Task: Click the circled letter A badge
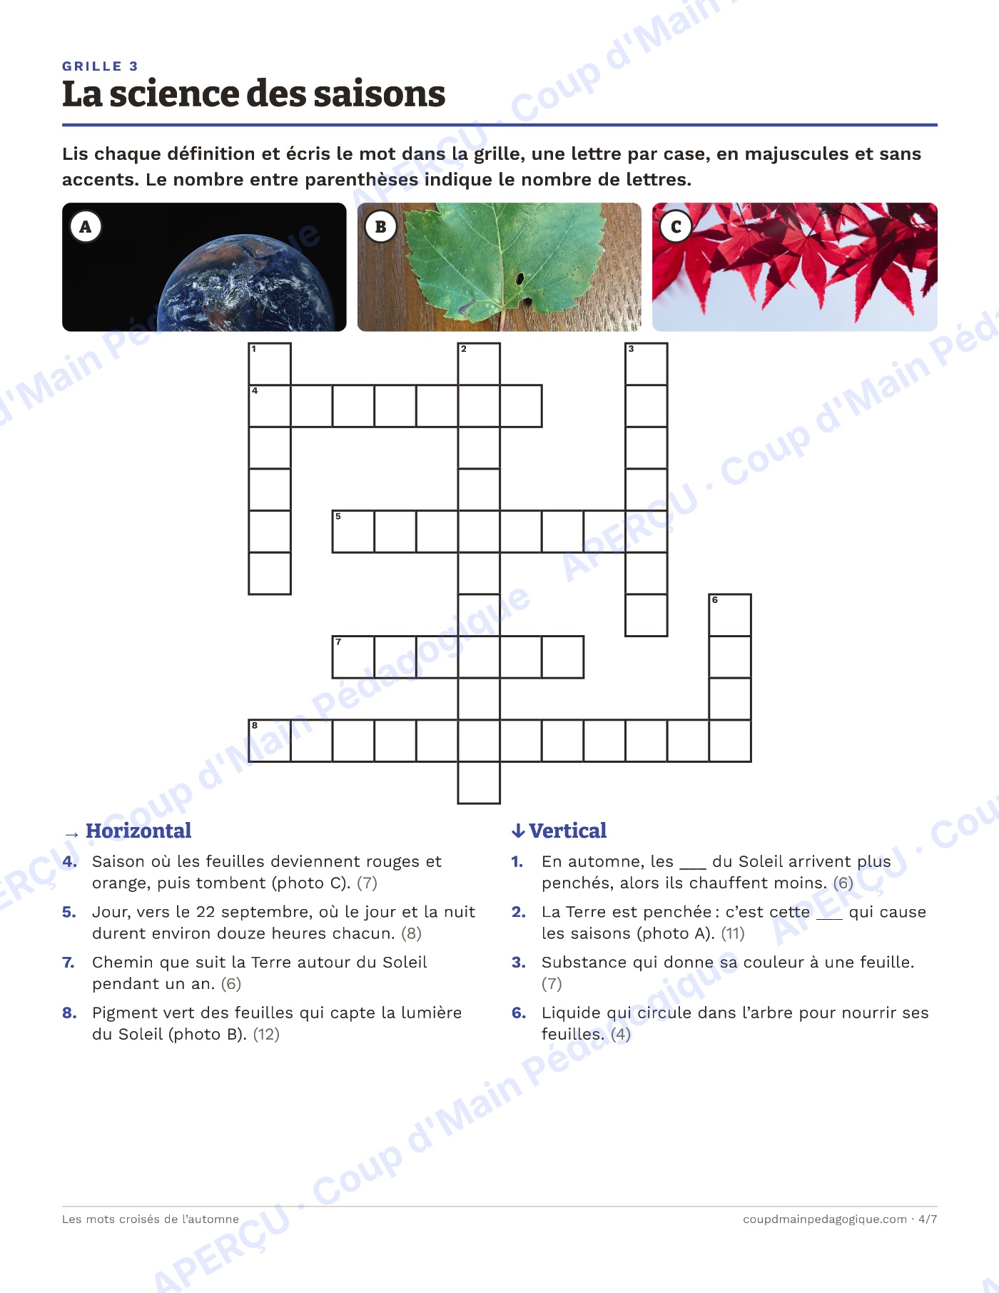[x=86, y=227]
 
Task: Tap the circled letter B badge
[x=380, y=227]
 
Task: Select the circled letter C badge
[x=676, y=227]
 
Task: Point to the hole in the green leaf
[x=520, y=278]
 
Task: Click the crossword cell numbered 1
[x=270, y=364]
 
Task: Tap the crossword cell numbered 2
[x=479, y=364]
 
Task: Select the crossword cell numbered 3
[x=646, y=364]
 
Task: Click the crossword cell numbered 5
[x=353, y=532]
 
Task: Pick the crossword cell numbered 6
[x=730, y=615]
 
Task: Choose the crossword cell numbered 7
[x=353, y=657]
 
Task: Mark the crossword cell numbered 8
[x=270, y=741]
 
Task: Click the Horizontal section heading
[x=138, y=831]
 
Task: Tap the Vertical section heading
[x=567, y=831]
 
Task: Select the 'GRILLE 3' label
[x=100, y=66]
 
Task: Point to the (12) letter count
[x=266, y=1034]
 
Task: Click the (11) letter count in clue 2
[x=733, y=933]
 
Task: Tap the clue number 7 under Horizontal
[x=69, y=962]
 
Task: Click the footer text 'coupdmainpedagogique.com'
[x=825, y=1219]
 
